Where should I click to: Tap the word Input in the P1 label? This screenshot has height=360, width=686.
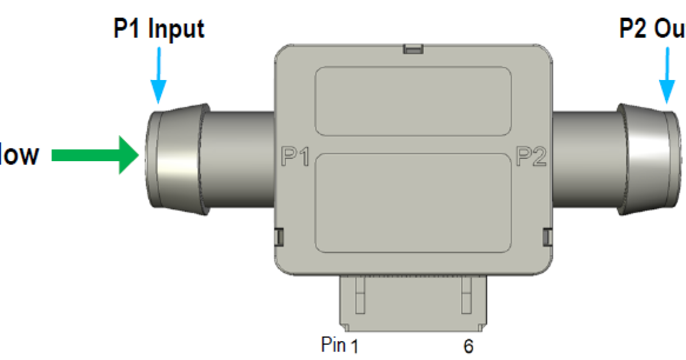(x=176, y=29)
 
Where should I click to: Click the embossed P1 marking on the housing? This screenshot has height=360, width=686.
(x=296, y=156)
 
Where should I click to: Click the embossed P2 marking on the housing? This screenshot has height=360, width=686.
(x=532, y=156)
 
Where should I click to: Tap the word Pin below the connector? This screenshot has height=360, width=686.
(x=334, y=345)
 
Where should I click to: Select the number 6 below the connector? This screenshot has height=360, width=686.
(x=468, y=346)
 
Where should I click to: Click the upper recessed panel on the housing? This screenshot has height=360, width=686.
(x=413, y=101)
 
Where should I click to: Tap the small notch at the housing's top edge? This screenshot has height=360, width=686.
(x=413, y=49)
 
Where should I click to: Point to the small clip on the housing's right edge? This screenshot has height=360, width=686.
(x=547, y=237)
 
